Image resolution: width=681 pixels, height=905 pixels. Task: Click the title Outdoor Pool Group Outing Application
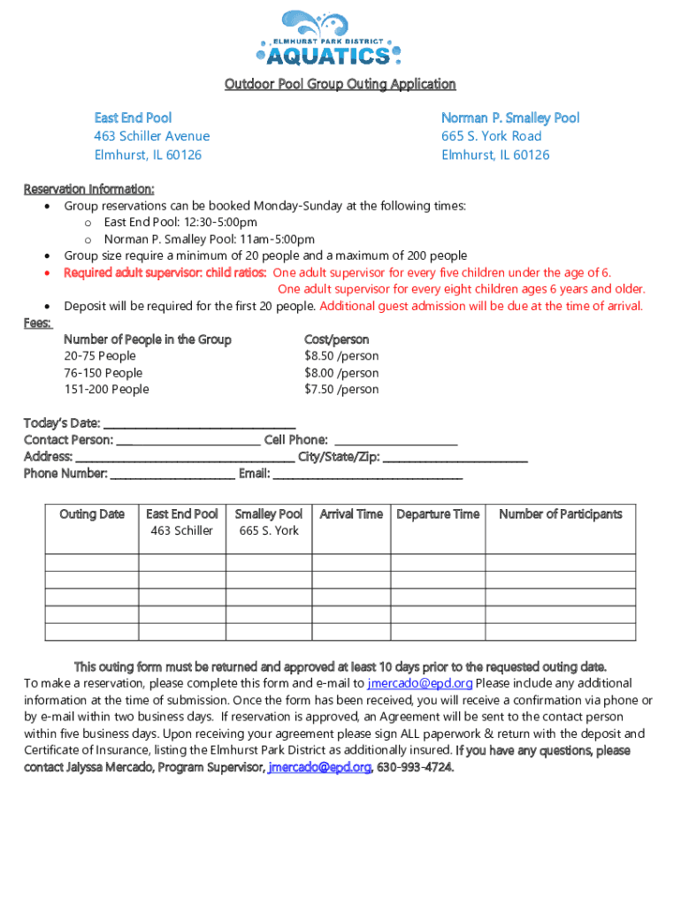340,84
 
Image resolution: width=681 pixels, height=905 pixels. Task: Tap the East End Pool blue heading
133,118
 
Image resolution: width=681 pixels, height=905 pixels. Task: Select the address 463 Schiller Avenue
152,136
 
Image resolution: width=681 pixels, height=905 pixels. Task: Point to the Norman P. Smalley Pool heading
510,118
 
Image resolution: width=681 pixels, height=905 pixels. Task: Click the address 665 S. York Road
492,136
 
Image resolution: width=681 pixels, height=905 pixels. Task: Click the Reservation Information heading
88,189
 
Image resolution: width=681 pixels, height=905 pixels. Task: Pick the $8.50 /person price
341,356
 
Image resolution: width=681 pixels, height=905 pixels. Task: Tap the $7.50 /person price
341,390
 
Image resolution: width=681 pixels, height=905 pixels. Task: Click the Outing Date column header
92,514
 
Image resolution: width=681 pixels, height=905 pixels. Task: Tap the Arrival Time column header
351,514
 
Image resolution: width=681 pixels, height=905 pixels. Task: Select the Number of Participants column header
561,514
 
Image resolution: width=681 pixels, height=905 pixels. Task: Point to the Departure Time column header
438,514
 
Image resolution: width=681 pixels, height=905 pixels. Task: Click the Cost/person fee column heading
337,339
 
